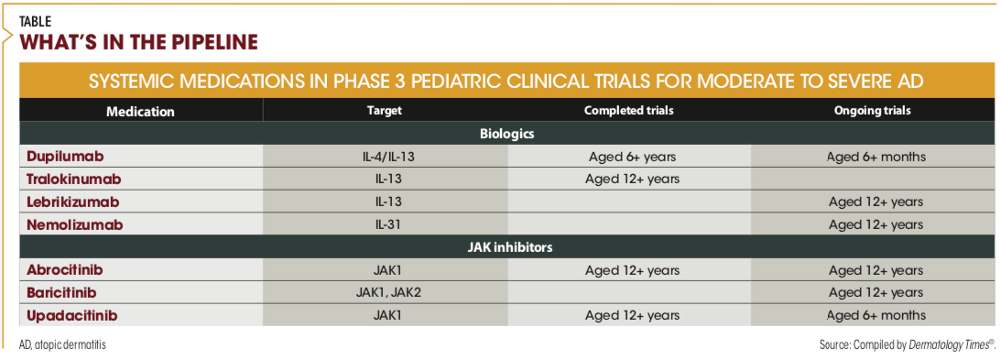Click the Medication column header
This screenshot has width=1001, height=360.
point(140,111)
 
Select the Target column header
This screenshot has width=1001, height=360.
point(385,111)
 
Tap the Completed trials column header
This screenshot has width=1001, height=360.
point(629,111)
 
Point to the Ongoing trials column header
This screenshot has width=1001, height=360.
point(872,111)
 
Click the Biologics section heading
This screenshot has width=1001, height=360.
point(506,135)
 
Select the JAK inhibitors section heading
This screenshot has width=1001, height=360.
point(506,246)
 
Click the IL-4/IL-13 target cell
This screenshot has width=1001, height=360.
point(385,157)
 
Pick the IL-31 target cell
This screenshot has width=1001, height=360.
point(385,224)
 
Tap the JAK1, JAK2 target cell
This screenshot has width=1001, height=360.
point(385,293)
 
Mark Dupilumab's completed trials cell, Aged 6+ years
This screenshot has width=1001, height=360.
point(629,157)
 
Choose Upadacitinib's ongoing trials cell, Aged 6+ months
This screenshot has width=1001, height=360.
point(876,316)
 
